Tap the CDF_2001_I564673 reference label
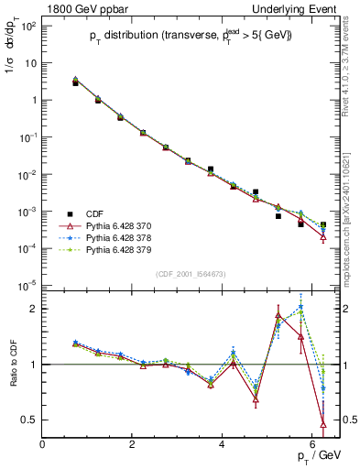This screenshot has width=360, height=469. [x=191, y=273]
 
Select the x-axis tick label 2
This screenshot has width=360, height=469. [x=132, y=443]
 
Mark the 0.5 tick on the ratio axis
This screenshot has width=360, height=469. [x=28, y=420]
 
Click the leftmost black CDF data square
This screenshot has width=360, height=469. [x=76, y=83]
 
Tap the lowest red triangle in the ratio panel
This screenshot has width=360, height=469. [x=322, y=423]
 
